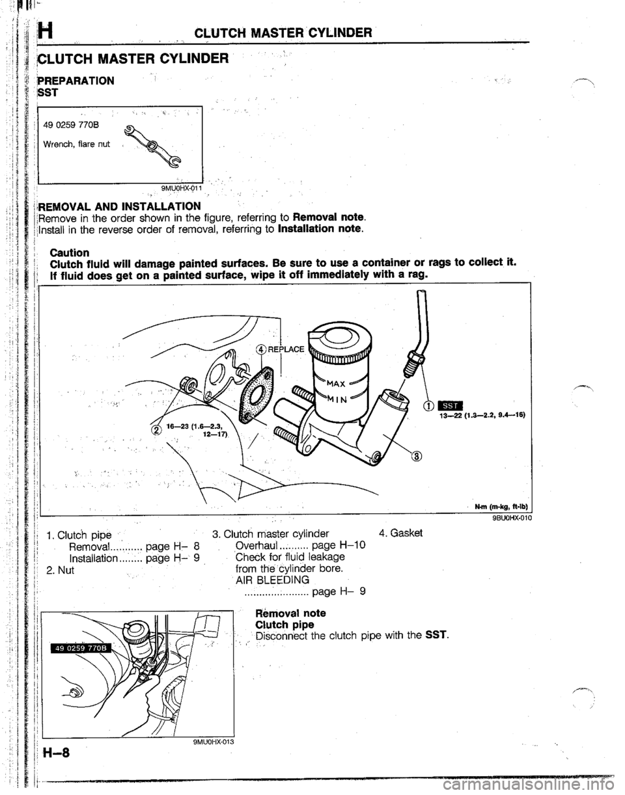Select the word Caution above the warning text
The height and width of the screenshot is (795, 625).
[x=72, y=250]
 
